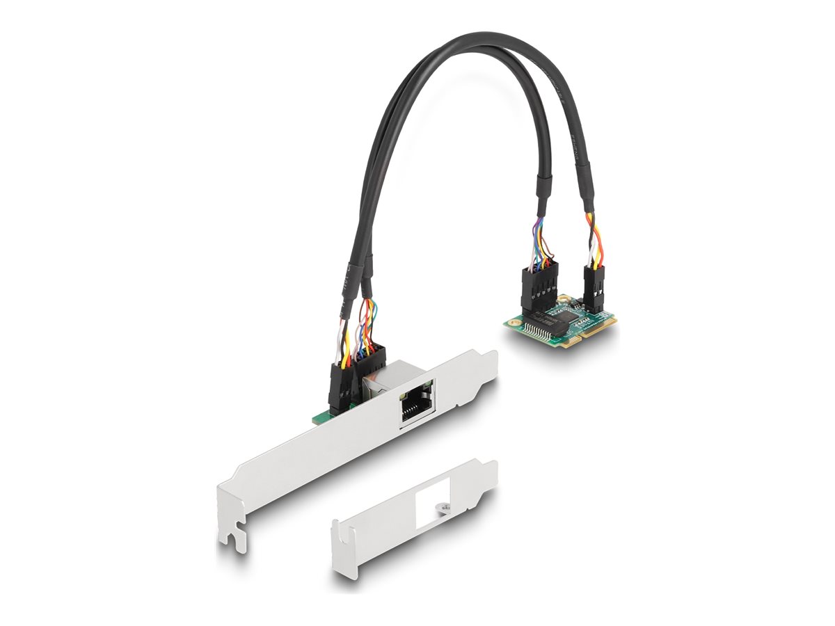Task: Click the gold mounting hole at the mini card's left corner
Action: (515, 321)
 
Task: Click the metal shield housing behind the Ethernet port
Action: (381, 379)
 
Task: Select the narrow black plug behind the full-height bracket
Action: (341, 389)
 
